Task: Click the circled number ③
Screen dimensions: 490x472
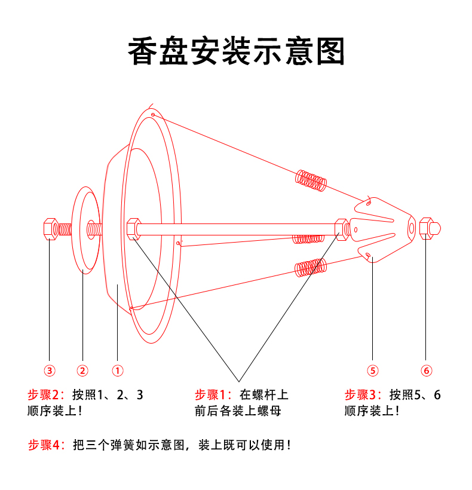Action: [50, 370]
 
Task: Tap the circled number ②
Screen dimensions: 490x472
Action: [83, 370]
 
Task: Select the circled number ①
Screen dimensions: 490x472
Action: [118, 370]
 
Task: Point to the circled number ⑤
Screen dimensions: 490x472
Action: [372, 370]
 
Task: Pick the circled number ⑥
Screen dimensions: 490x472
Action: [426, 370]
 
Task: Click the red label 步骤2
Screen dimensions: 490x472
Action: [45, 395]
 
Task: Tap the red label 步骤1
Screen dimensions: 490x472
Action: [213, 395]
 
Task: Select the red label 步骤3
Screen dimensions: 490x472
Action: [362, 395]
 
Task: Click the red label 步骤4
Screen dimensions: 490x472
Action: [45, 445]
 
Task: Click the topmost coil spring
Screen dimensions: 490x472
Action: [311, 180]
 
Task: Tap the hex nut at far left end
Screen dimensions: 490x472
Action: [50, 229]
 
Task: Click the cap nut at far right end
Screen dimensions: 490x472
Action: [429, 228]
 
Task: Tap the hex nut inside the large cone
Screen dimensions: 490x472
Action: [133, 228]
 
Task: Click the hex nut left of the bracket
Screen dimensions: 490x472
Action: [341, 228]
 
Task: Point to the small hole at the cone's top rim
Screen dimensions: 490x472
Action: [153, 114]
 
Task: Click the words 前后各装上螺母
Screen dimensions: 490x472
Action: [237, 411]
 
